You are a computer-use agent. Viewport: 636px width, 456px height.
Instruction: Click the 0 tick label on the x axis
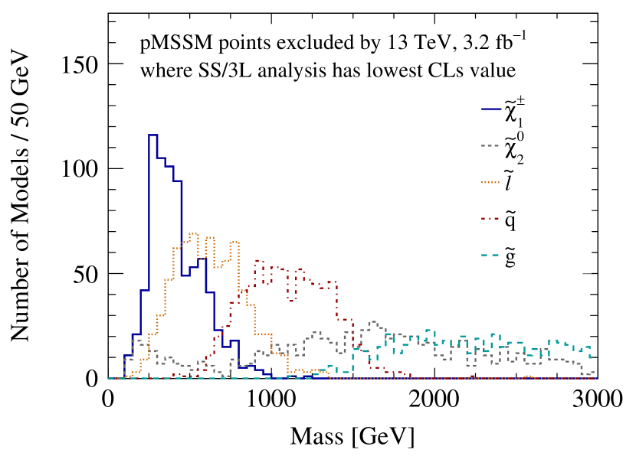pos(108,400)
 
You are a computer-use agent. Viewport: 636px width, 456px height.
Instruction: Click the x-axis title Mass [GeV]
pos(352,437)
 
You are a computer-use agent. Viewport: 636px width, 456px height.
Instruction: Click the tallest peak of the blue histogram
pos(152,135)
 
